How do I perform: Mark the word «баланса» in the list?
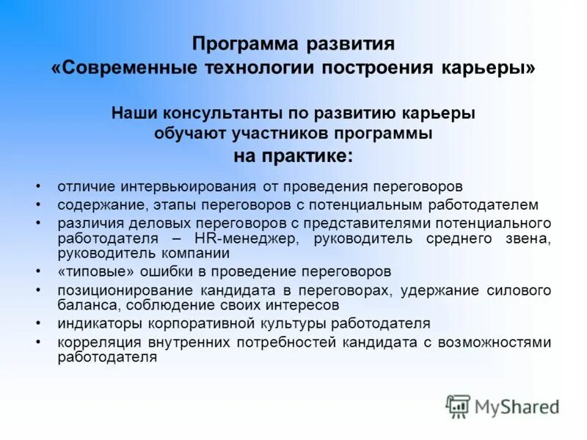click(82, 305)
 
